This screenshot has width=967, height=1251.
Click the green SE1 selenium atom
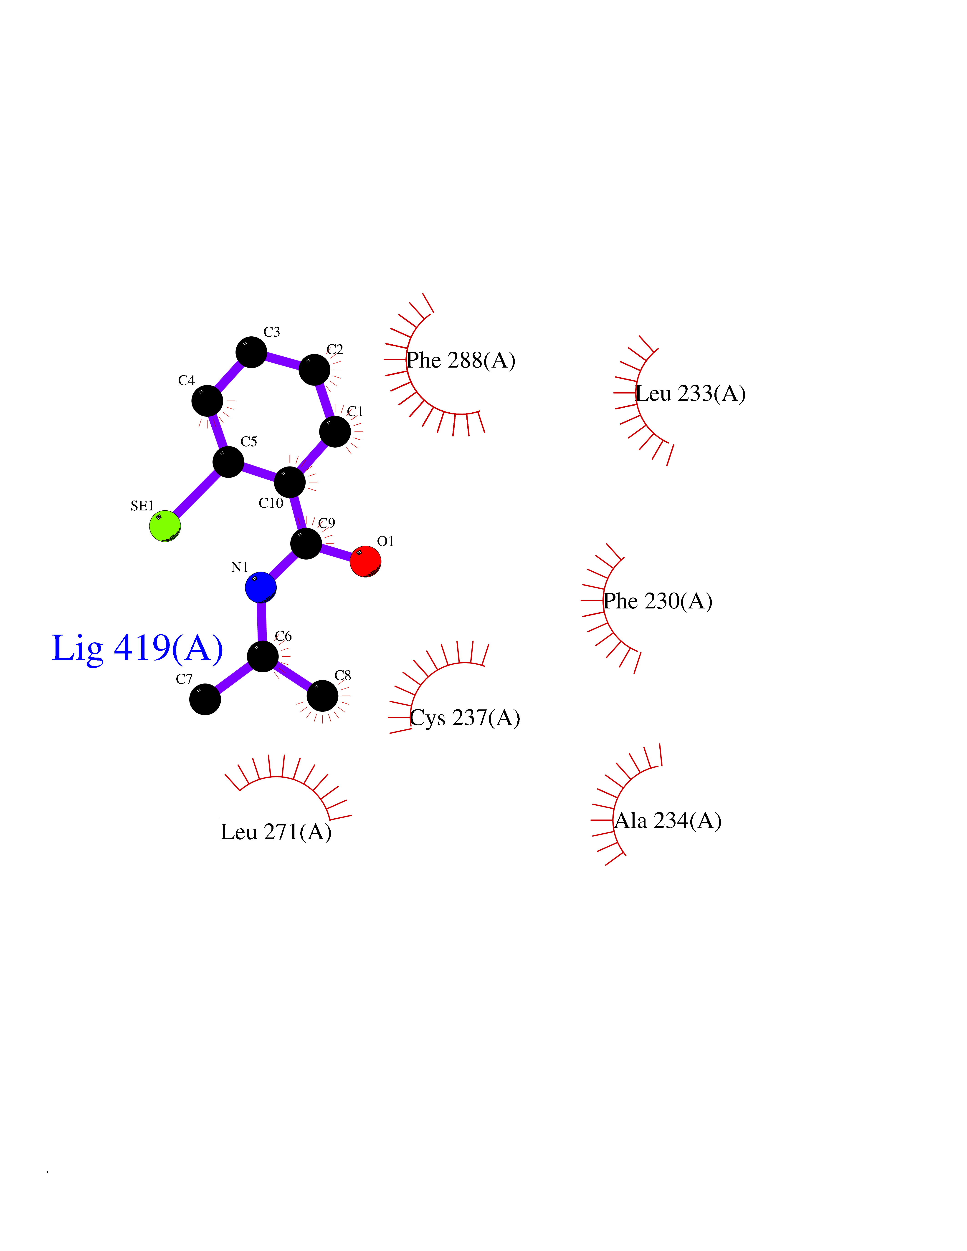(165, 526)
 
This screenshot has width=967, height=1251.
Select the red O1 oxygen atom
(365, 561)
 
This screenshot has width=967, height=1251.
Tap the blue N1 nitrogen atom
(261, 587)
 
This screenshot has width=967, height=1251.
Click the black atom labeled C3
(251, 352)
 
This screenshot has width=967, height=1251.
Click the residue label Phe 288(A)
(461, 360)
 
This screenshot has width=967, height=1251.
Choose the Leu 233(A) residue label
(691, 393)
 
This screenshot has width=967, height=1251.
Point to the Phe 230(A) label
(658, 601)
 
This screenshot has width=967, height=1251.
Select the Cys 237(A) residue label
(465, 718)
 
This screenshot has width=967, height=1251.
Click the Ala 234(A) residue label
(668, 821)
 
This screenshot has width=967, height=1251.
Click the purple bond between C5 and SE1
(197, 494)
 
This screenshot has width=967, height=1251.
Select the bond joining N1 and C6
(262, 621)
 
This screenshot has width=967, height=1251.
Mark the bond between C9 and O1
(336, 553)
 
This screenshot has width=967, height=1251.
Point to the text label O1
(385, 541)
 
